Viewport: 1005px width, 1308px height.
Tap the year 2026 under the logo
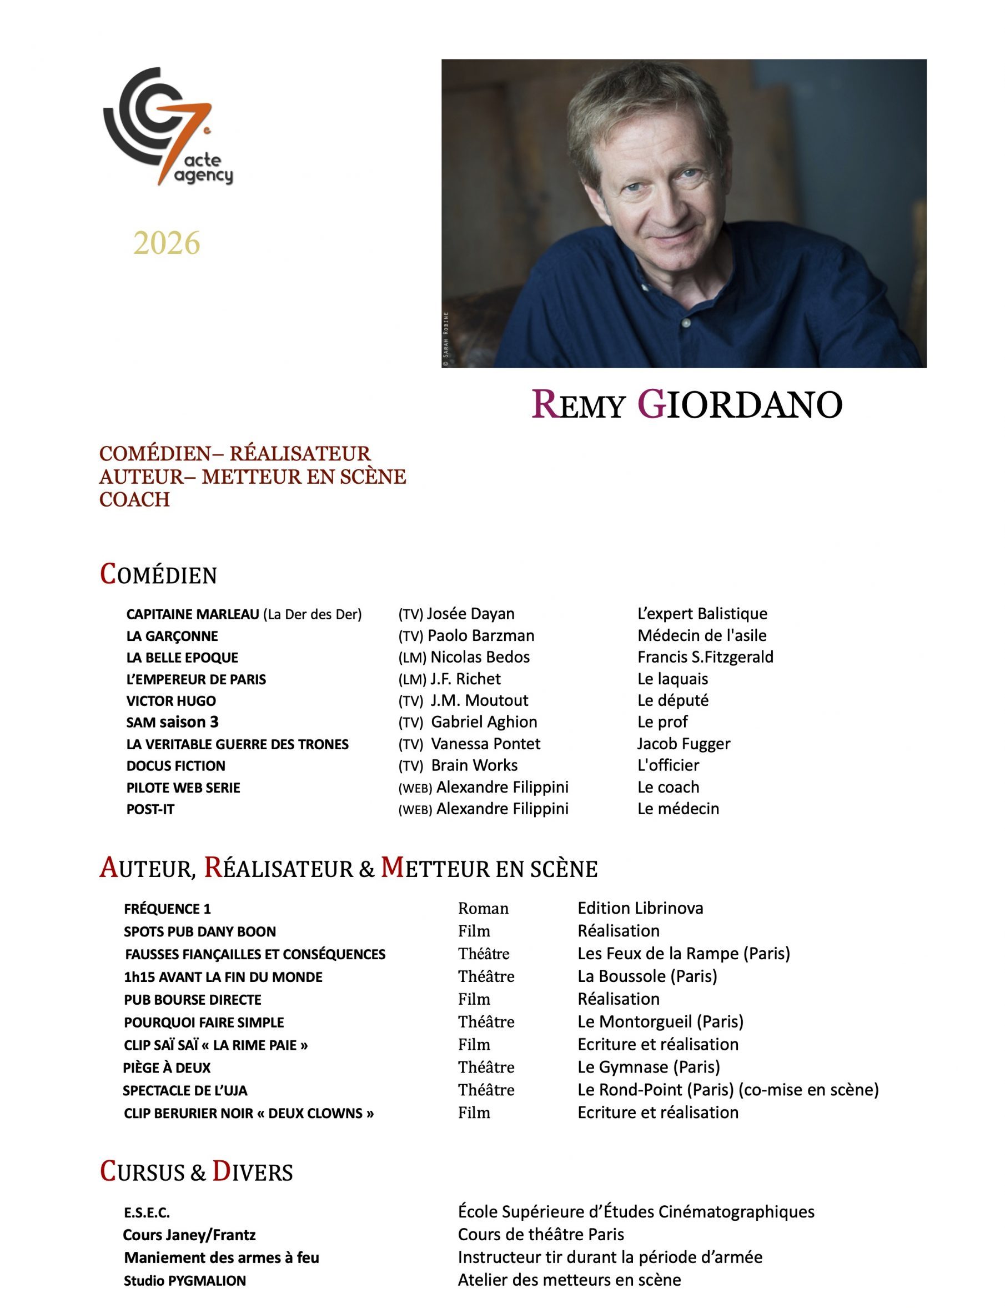(167, 243)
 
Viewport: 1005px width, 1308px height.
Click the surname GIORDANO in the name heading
(741, 404)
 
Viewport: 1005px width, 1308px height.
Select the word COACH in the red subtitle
(134, 500)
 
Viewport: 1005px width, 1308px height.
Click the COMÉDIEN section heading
(159, 575)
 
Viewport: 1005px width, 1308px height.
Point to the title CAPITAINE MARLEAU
(193, 614)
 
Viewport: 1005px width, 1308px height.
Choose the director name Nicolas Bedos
(480, 658)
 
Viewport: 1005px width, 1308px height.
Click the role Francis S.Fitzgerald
(705, 658)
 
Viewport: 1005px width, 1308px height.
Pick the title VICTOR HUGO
(171, 701)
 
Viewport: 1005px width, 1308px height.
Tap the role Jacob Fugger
(684, 744)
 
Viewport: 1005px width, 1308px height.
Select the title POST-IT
(150, 810)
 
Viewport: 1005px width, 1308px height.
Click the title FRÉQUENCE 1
(168, 909)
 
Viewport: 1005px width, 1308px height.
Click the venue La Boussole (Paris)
(647, 976)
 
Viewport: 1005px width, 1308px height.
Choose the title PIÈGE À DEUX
(167, 1068)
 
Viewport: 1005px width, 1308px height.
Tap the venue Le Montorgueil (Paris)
(660, 1022)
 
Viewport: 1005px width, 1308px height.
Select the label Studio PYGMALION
(185, 1280)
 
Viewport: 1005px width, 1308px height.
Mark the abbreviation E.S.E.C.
(147, 1213)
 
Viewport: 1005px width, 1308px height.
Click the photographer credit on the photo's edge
(446, 339)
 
